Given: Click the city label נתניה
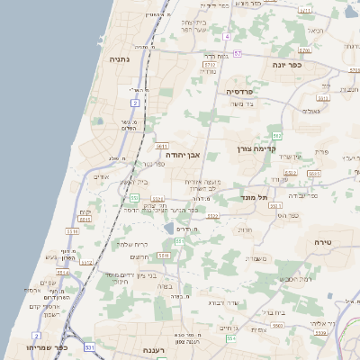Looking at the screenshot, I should click(x=120, y=59).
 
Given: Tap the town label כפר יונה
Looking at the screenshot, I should click(x=284, y=65).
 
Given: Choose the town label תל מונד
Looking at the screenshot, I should click(x=256, y=196).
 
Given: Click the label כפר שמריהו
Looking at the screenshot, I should click(x=48, y=346).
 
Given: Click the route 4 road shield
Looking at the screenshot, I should click(x=228, y=37).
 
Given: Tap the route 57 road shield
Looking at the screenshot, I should click(x=237, y=53).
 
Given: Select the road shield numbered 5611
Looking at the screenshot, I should click(x=162, y=145).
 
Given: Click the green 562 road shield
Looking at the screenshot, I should click(x=277, y=135).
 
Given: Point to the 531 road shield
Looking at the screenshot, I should click(x=89, y=346).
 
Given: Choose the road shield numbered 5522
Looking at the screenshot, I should click(x=213, y=216).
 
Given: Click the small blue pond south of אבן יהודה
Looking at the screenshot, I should click(x=169, y=229).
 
